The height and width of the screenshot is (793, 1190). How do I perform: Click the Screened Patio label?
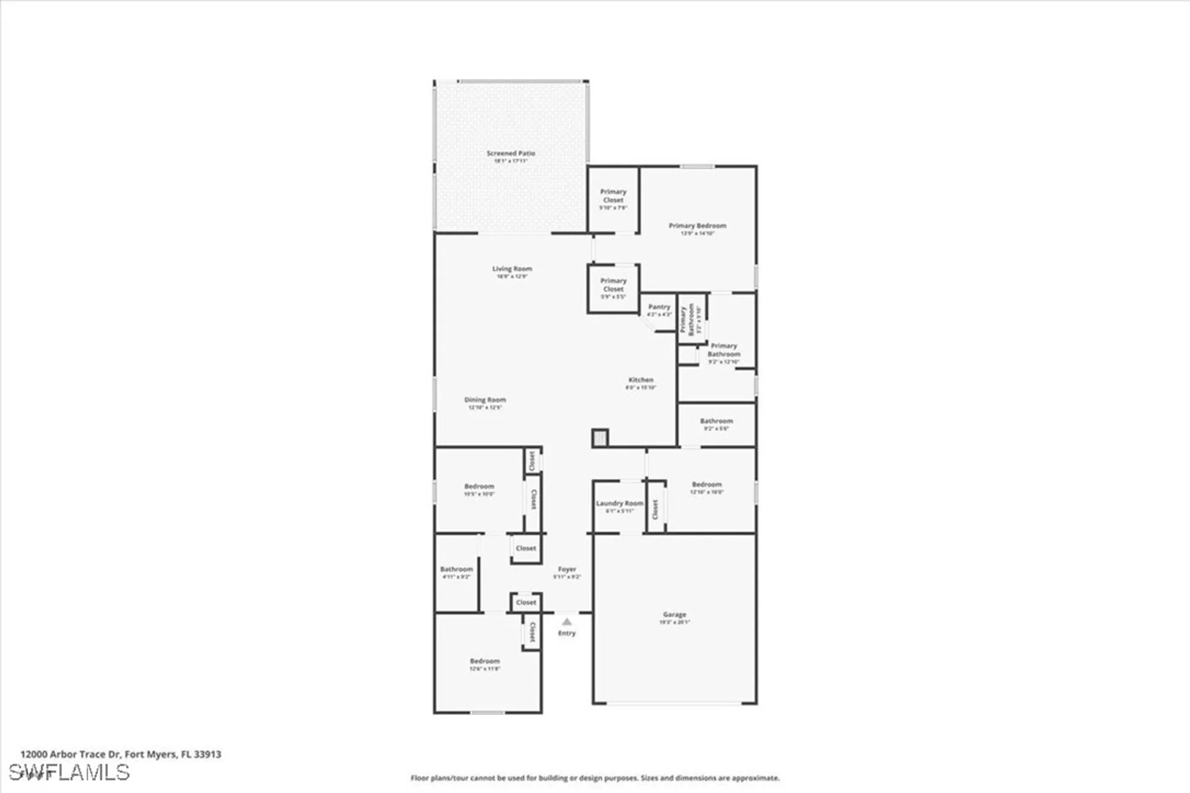pos(511,153)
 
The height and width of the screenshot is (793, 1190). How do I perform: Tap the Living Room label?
pos(512,269)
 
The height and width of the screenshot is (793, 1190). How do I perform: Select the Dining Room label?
pos(485,400)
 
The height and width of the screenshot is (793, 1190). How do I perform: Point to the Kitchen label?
pos(641,380)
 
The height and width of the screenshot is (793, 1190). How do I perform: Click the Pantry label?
pos(659,307)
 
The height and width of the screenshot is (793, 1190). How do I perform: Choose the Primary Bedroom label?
pos(697,226)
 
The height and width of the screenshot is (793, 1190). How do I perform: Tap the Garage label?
pos(674,615)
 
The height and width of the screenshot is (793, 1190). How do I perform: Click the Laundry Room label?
pos(619,503)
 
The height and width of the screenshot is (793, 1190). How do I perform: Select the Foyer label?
pos(566,569)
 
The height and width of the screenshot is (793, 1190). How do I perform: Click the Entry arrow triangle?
pos(566,622)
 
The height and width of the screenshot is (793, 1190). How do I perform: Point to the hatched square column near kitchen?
pos(600,438)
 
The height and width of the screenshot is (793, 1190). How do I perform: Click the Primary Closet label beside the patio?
pos(613,196)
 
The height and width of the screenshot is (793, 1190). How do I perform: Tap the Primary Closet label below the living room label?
pos(613,284)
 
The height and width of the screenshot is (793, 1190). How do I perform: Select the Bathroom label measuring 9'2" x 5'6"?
pos(716,421)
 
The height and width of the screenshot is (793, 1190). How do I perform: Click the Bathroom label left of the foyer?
pos(456,569)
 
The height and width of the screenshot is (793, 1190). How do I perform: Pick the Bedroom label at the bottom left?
pos(484,661)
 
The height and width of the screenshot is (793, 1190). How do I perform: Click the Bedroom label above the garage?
pos(706,485)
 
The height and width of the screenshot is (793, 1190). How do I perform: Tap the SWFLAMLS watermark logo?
pos(70,772)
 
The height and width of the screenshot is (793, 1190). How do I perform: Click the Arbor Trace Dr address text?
pos(121,754)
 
